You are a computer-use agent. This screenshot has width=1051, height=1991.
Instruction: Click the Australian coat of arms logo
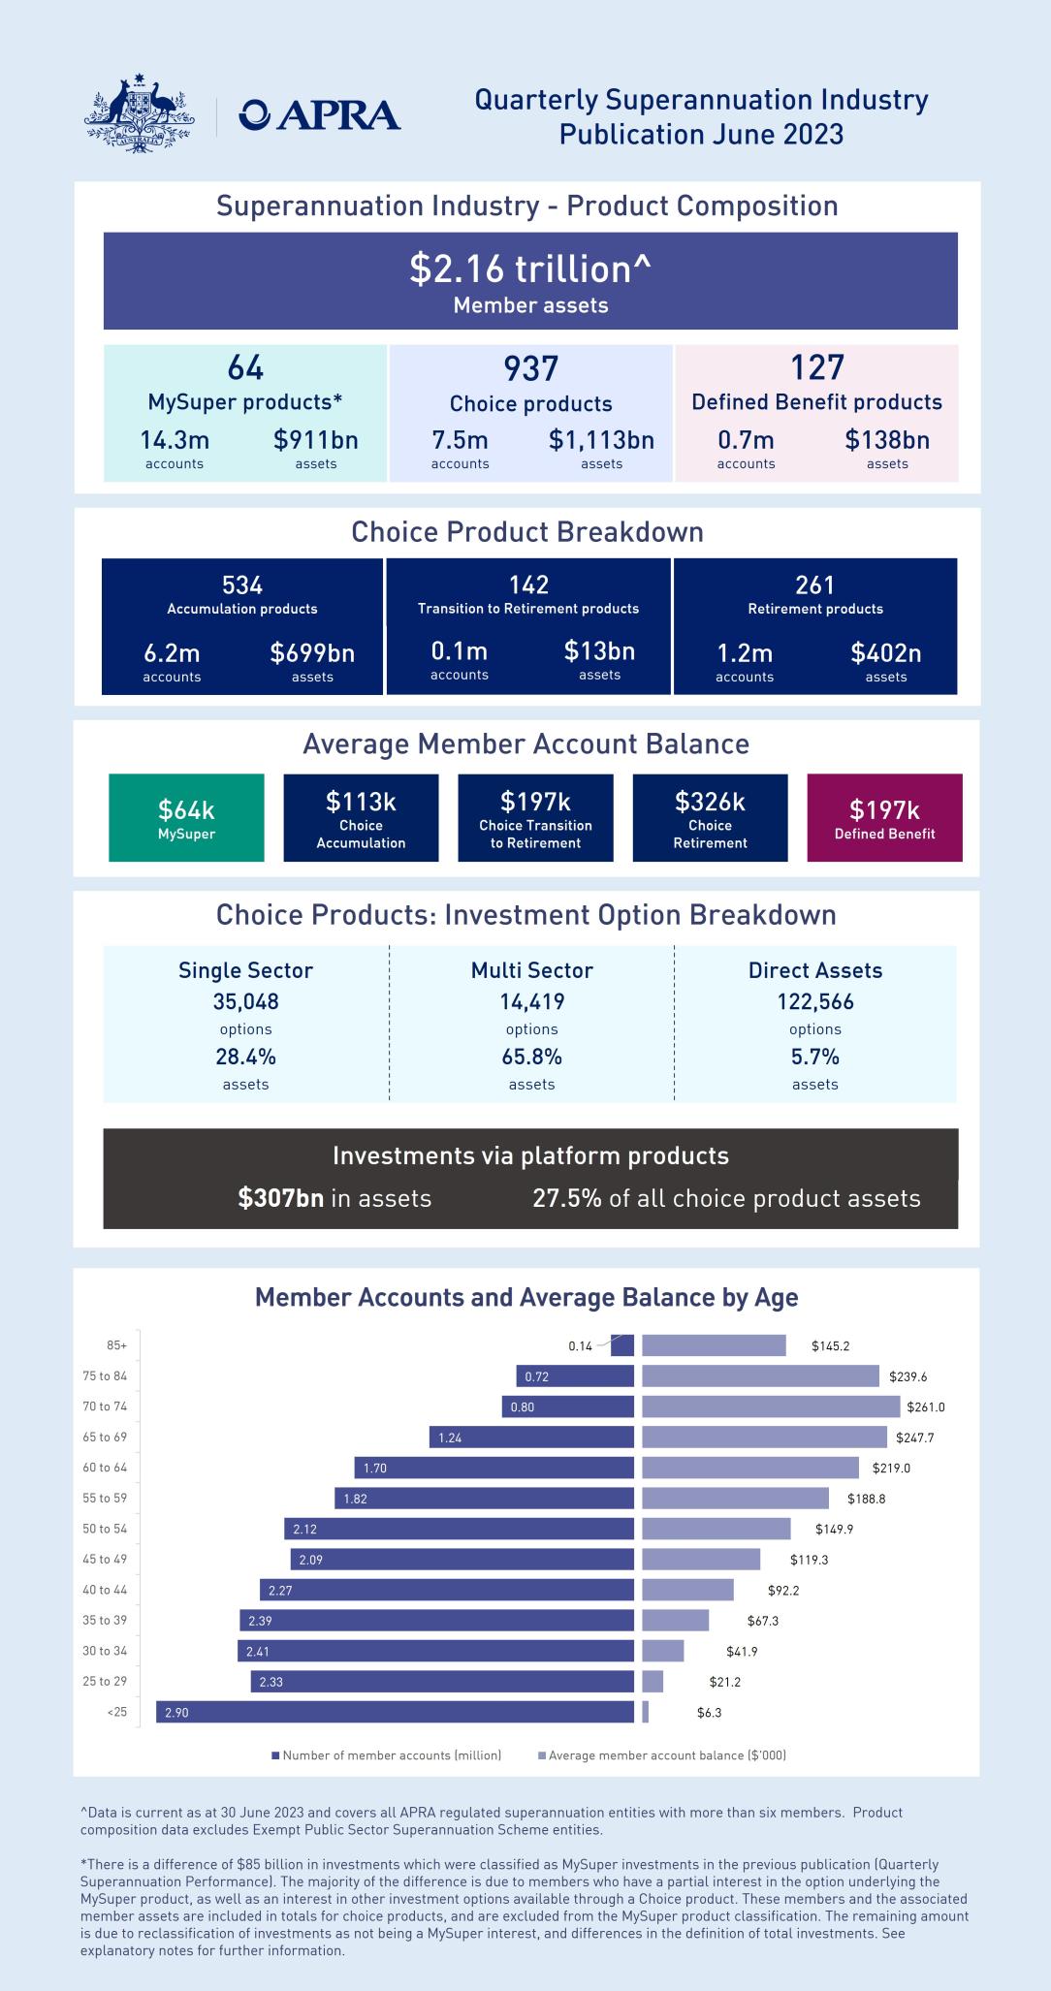tap(139, 114)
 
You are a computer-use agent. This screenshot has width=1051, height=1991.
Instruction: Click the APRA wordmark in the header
tap(320, 115)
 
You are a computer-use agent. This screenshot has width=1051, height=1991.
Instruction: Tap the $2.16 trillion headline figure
tap(529, 269)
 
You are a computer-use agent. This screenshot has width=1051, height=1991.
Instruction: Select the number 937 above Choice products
tap(530, 368)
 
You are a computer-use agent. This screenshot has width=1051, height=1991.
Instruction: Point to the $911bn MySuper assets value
tap(316, 440)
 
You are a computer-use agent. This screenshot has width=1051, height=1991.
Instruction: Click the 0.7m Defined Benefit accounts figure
tap(746, 440)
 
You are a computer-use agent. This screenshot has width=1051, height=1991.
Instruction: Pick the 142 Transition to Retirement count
tap(528, 585)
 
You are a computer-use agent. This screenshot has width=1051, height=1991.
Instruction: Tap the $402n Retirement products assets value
tap(885, 652)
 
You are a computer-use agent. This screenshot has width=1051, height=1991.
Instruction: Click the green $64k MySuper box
tap(186, 817)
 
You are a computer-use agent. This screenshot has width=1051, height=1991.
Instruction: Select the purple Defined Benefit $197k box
tap(884, 817)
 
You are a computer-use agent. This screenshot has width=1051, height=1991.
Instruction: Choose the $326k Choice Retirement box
tap(710, 817)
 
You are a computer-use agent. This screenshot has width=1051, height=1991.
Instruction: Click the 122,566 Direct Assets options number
tap(814, 1001)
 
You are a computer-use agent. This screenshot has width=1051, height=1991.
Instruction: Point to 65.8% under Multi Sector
tap(531, 1057)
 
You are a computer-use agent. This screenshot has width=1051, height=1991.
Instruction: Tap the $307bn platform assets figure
tap(281, 1198)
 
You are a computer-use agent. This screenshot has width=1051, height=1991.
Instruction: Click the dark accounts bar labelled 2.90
tap(396, 1713)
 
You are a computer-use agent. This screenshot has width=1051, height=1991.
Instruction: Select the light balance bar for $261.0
tap(771, 1406)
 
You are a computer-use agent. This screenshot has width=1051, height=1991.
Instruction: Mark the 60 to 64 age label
tap(105, 1468)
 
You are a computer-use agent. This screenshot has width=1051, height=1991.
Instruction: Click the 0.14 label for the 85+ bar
tap(580, 1345)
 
